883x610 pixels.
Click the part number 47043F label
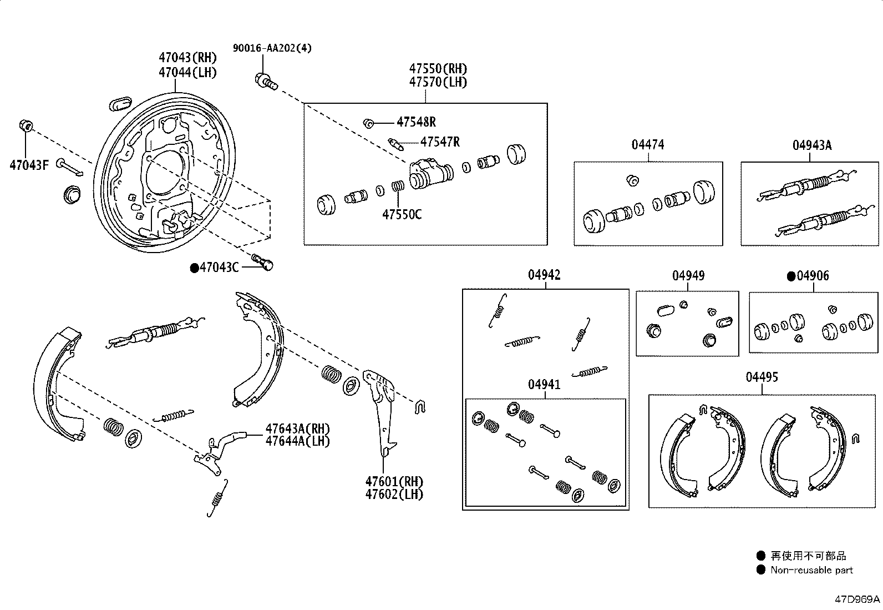click(x=29, y=165)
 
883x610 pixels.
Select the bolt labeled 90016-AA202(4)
click(x=265, y=82)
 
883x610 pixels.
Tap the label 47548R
click(x=415, y=122)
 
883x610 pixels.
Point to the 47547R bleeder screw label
click(x=439, y=142)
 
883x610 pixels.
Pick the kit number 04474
click(x=647, y=145)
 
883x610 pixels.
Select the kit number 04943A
click(x=811, y=145)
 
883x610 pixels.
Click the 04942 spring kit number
click(x=544, y=275)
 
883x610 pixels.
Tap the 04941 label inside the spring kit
click(x=544, y=385)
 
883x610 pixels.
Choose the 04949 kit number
click(x=688, y=276)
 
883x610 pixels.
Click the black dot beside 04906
click(x=791, y=276)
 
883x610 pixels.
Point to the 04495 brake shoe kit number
click(x=762, y=377)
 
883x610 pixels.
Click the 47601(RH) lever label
click(x=394, y=482)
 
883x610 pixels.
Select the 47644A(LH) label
click(x=297, y=441)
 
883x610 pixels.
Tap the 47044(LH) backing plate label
click(x=187, y=73)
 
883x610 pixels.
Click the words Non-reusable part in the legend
click(x=811, y=570)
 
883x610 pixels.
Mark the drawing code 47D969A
click(x=857, y=599)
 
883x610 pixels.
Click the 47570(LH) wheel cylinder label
click(x=438, y=82)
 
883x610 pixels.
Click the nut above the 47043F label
click(x=24, y=125)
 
